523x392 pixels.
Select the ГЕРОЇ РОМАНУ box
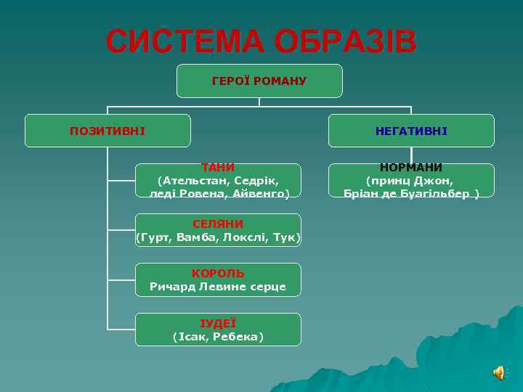click(x=259, y=81)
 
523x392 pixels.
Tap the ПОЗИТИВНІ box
click(x=108, y=131)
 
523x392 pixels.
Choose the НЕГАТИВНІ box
click(x=411, y=131)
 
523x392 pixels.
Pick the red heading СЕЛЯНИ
click(x=218, y=224)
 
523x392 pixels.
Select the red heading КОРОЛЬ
click(x=218, y=274)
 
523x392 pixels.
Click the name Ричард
click(x=172, y=287)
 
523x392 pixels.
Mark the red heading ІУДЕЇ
click(x=218, y=324)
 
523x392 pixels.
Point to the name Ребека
click(x=238, y=337)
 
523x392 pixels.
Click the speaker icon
click(x=500, y=372)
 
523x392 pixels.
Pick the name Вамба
click(x=192, y=237)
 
